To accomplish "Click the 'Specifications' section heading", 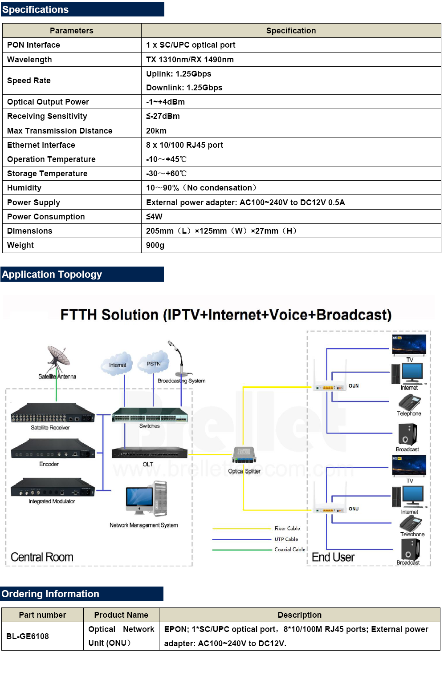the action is (35, 10).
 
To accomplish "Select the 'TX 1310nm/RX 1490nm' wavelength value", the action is (190, 60).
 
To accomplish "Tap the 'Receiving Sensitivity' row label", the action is (47, 116).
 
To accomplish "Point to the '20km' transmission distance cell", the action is (156, 131).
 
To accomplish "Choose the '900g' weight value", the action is (155, 245).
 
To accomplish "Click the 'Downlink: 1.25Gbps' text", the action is (184, 88).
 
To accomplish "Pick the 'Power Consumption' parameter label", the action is (46, 217).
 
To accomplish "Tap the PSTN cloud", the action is (154, 363).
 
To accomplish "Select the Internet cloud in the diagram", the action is (117, 364).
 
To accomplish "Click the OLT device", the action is (150, 453).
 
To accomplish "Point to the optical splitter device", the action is (244, 455).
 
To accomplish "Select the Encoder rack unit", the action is (53, 449).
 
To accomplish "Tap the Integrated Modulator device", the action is (53, 487).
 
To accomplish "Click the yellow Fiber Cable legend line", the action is (241, 529).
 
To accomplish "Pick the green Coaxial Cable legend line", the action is (241, 550).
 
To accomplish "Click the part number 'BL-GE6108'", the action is (28, 636).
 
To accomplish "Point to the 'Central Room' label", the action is (42, 557).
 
